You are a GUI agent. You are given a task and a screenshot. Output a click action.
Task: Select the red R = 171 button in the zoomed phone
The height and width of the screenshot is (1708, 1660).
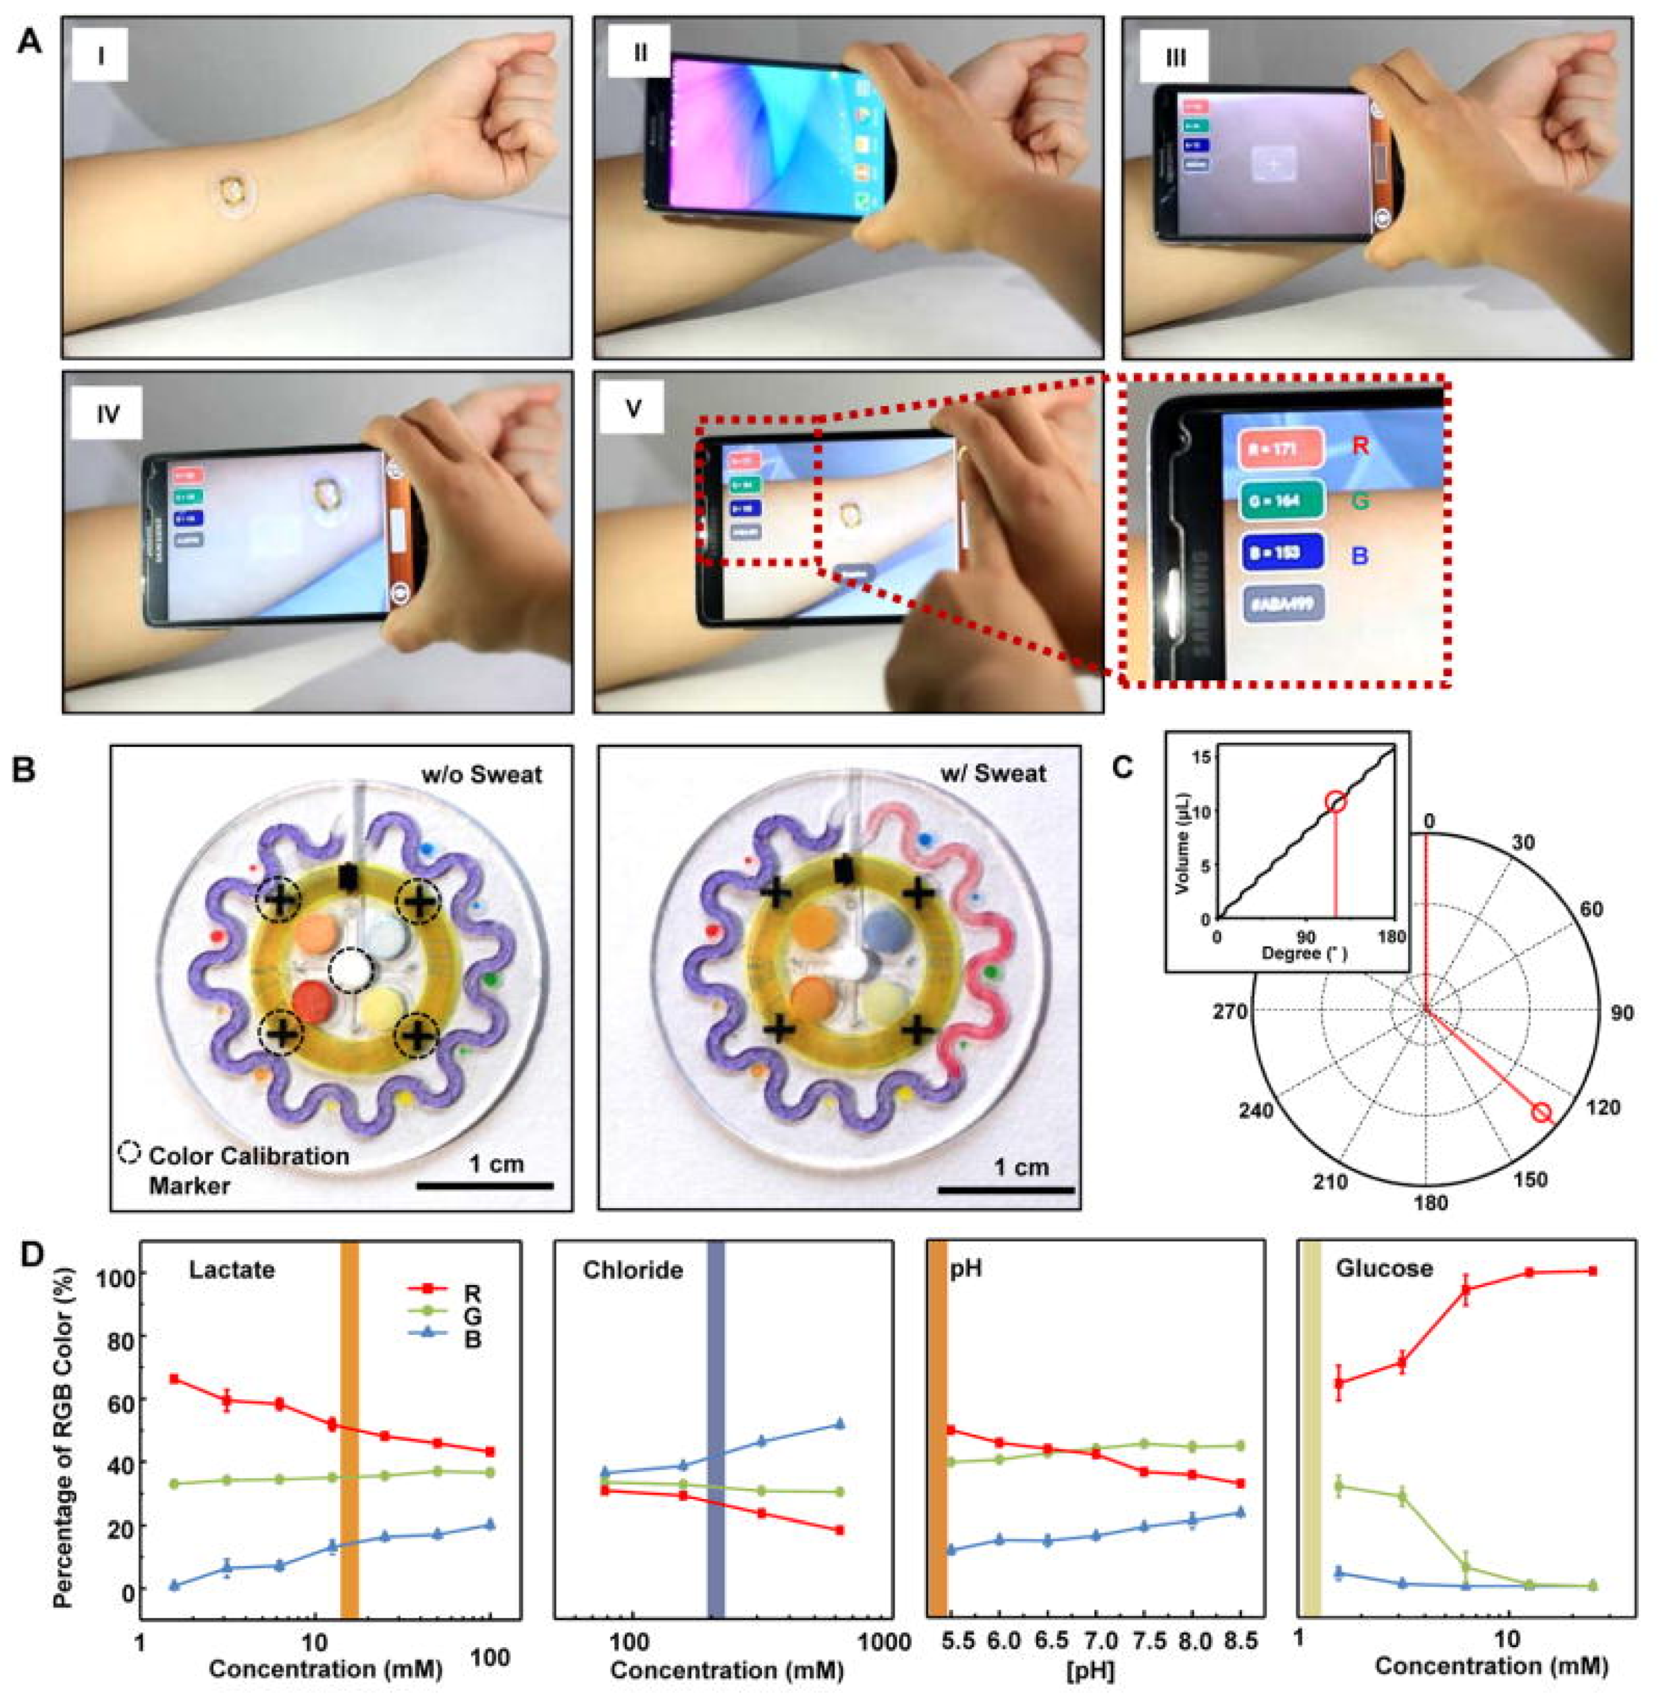[x=1279, y=449]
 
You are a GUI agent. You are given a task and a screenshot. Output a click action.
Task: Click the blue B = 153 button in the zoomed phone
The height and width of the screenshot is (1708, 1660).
[x=1279, y=553]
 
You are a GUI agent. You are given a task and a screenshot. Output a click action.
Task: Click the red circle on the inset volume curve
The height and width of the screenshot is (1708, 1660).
[x=1336, y=802]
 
